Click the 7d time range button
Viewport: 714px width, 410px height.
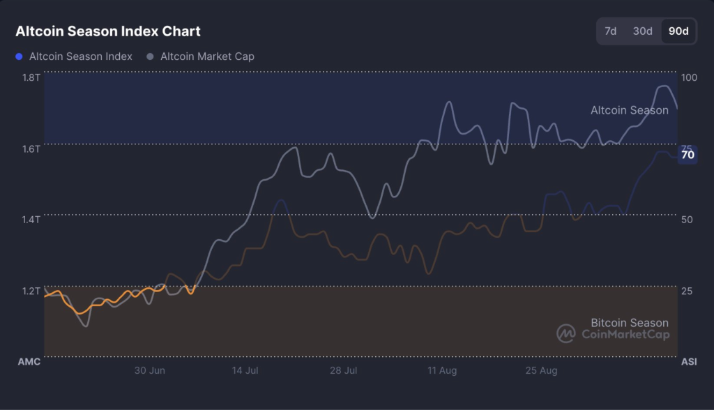610,31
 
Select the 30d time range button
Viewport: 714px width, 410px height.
642,31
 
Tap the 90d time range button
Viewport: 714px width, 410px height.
678,31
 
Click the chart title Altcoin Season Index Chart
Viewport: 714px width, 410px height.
108,31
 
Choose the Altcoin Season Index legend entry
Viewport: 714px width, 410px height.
74,56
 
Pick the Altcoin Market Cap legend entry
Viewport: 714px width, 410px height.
201,56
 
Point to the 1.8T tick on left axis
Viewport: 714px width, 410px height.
31,77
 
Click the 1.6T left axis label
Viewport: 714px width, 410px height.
31,148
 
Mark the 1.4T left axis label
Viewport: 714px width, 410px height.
31,219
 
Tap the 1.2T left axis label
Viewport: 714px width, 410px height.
31,290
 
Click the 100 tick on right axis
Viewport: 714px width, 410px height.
689,77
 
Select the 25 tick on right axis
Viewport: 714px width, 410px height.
687,290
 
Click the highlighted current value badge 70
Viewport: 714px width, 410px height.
688,155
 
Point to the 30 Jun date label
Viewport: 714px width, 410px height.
150,371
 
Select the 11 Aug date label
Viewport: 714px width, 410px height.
442,371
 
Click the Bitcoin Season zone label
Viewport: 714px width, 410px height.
629,323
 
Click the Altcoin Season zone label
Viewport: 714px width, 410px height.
629,110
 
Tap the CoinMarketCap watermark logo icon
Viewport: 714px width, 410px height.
565,333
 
